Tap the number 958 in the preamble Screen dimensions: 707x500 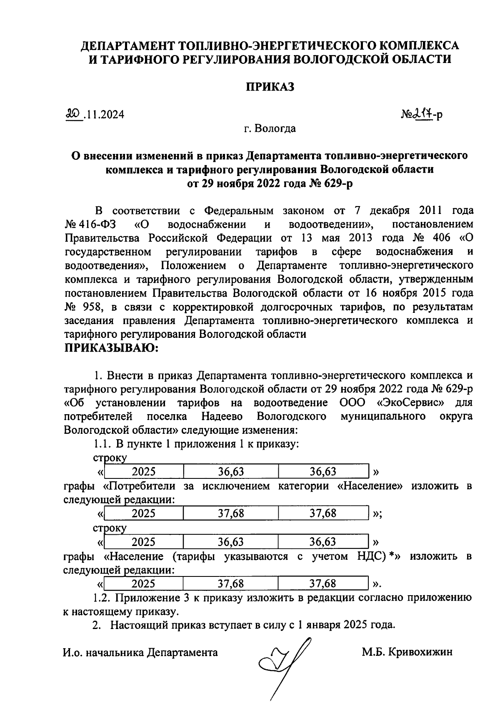[x=90, y=307]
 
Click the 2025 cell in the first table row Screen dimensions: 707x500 [x=144, y=472]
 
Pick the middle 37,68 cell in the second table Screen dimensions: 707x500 [x=231, y=513]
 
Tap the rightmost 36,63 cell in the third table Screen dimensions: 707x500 [x=323, y=542]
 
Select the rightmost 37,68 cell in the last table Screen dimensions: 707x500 [x=323, y=583]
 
